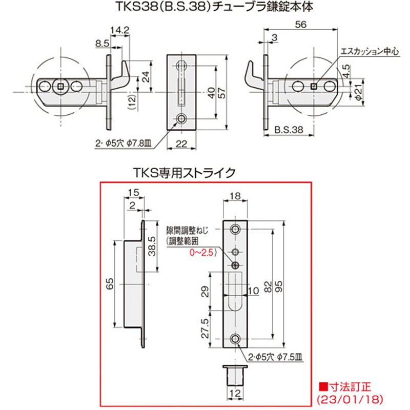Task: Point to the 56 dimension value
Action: coord(301,24)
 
